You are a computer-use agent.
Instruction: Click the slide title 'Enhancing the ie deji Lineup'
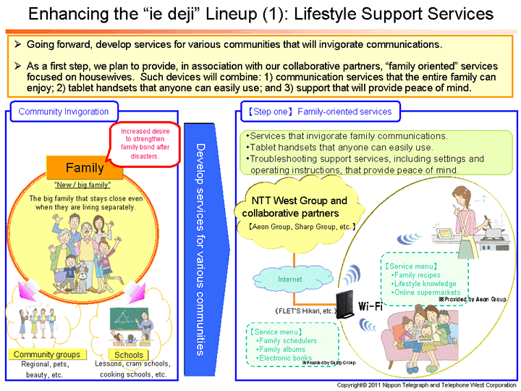[x=260, y=14]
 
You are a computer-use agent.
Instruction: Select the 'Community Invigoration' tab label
[x=64, y=112]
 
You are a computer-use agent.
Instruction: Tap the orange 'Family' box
[x=85, y=168]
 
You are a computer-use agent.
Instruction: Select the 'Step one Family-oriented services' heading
[x=318, y=112]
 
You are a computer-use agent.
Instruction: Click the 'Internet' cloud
[x=289, y=279]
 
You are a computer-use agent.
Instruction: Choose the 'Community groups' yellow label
[x=47, y=355]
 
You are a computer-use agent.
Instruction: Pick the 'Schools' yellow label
[x=129, y=355]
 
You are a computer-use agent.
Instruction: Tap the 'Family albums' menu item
[x=283, y=350]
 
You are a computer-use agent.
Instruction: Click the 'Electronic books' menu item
[x=285, y=358]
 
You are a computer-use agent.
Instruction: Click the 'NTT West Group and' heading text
[x=300, y=201]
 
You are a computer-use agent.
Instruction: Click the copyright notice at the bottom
[x=428, y=384]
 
